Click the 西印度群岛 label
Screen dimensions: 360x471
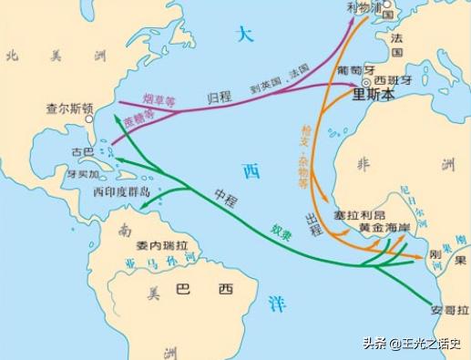point(121,192)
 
